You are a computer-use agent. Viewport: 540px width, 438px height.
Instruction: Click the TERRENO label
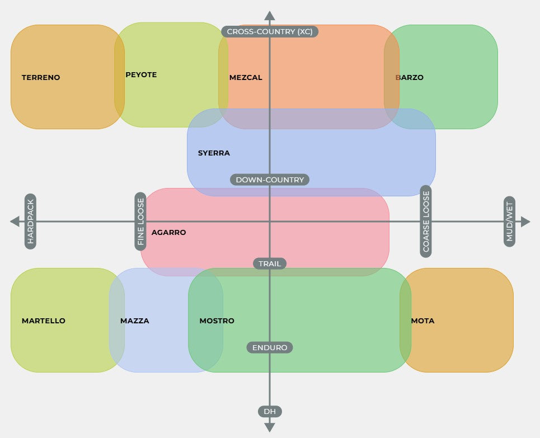pos(41,78)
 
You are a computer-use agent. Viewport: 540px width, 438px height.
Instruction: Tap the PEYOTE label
pos(141,75)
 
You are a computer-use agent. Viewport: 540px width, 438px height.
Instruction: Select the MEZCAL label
pos(246,78)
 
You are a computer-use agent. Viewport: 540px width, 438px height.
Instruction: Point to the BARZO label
pos(410,78)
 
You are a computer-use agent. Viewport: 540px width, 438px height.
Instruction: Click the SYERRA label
pos(214,153)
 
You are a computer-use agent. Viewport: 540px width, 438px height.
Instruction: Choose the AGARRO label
pos(168,233)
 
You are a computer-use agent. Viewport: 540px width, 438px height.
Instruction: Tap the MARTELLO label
pos(44,321)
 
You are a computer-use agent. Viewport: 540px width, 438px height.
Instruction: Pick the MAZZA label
pos(135,321)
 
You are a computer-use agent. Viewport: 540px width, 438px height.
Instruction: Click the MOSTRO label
pos(217,321)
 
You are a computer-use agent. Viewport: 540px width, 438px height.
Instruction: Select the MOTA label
pos(422,321)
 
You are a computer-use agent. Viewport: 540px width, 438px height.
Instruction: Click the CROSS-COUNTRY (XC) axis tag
pos(270,32)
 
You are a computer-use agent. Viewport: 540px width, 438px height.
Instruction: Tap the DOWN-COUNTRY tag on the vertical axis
pos(270,180)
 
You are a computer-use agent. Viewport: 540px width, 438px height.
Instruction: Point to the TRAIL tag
pos(270,263)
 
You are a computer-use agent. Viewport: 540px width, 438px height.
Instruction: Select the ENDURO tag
pos(270,348)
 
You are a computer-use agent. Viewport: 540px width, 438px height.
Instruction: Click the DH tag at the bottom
pos(270,412)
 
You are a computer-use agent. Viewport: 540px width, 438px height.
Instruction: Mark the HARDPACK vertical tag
pos(30,222)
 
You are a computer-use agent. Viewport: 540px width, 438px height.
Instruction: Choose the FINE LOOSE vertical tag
pos(140,222)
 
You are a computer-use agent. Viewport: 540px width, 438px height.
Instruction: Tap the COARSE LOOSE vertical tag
pos(426,222)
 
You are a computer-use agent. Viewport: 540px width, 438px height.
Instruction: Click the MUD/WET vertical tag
pos(509,222)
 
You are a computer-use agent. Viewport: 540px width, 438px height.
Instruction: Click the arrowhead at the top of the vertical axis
pos(270,16)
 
